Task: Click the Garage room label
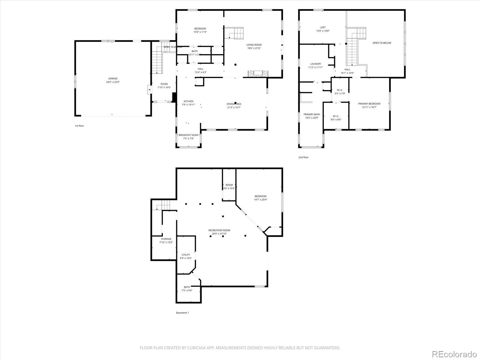click(113, 79)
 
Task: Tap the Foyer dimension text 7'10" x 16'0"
click(164, 88)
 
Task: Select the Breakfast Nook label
click(188, 135)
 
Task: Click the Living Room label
click(254, 45)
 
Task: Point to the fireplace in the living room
click(257, 73)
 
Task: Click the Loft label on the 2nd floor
click(322, 27)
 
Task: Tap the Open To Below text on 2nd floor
click(382, 43)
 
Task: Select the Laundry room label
click(315, 64)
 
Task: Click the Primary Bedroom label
click(369, 104)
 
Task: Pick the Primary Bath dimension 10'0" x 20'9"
click(312, 118)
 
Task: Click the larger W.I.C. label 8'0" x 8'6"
click(336, 119)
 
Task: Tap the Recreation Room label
click(219, 230)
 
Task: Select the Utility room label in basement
click(186, 255)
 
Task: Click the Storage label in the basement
click(166, 239)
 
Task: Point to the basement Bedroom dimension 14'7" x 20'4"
click(260, 199)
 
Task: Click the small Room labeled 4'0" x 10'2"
click(229, 188)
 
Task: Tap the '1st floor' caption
click(79, 126)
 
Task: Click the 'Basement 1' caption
click(182, 313)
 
